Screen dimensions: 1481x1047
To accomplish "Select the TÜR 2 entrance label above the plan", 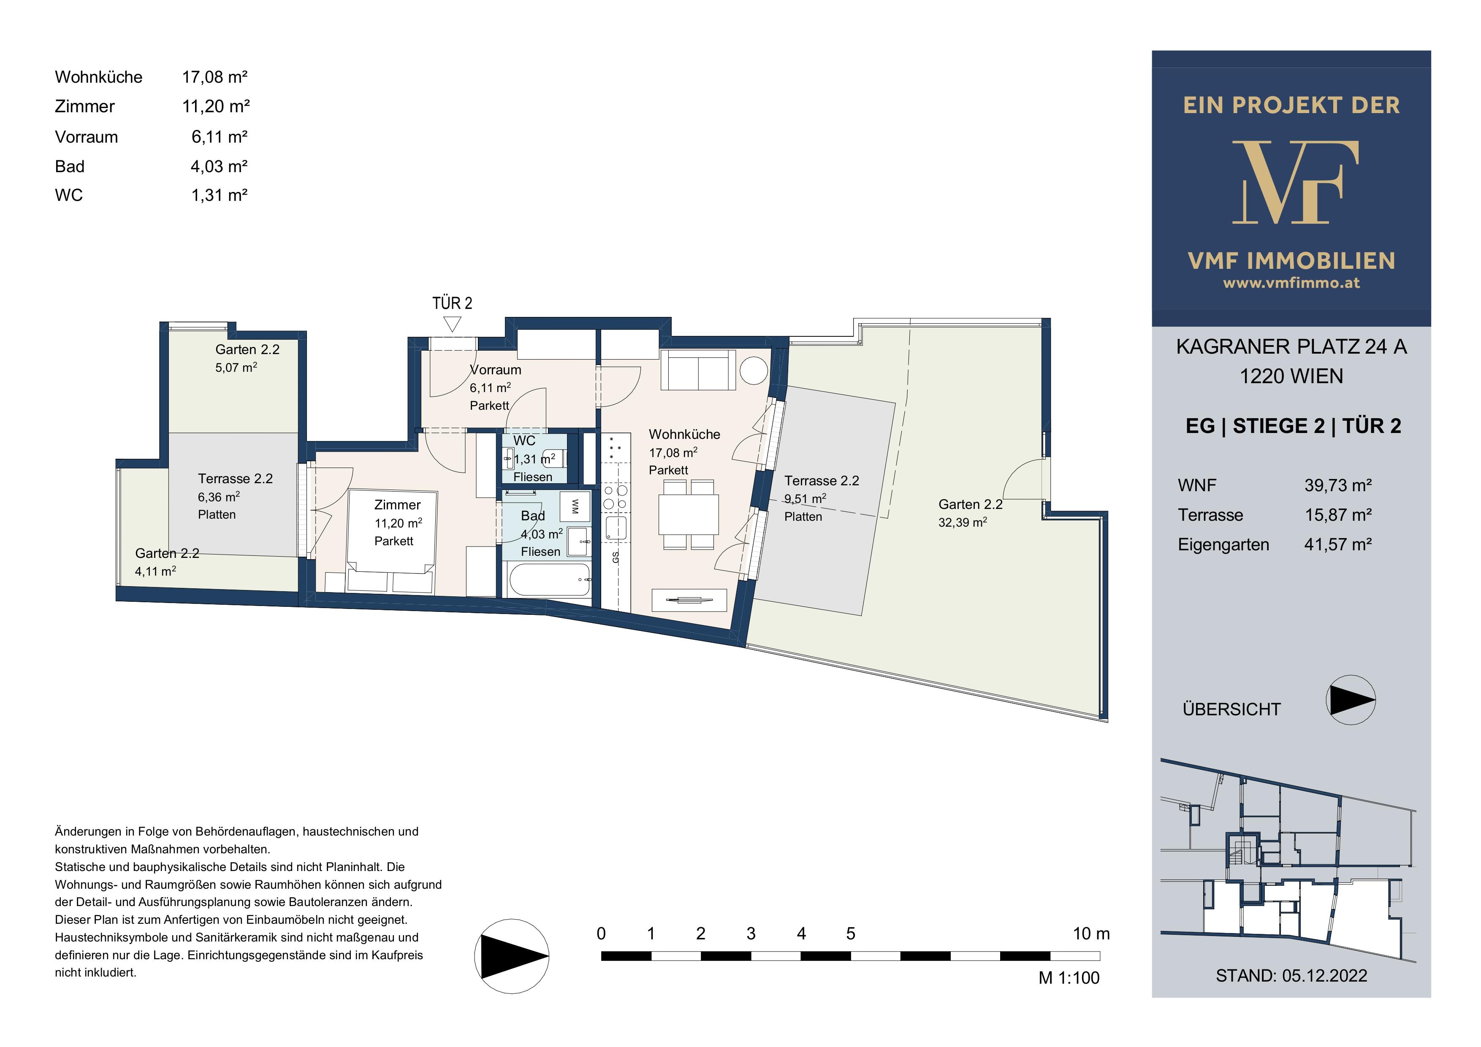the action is [x=452, y=303].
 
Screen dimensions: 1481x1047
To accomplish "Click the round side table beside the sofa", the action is [x=754, y=371].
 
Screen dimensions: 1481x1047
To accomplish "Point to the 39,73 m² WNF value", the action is [x=1338, y=485].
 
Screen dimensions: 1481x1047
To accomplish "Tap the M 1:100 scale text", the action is [x=1069, y=978].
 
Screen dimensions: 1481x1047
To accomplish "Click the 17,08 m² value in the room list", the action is [x=215, y=77].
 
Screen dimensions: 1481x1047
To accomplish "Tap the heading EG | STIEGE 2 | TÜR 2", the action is [x=1293, y=426].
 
